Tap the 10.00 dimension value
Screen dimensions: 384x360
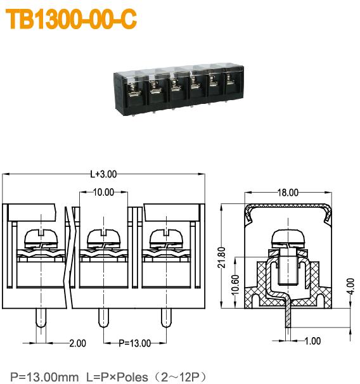(x=103, y=192)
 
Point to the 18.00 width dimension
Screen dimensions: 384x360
(x=288, y=193)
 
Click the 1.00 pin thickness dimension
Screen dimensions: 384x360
(x=312, y=341)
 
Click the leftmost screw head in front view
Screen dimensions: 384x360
(x=41, y=238)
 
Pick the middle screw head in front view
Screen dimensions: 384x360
(x=103, y=238)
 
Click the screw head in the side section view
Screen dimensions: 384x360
(x=288, y=238)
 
